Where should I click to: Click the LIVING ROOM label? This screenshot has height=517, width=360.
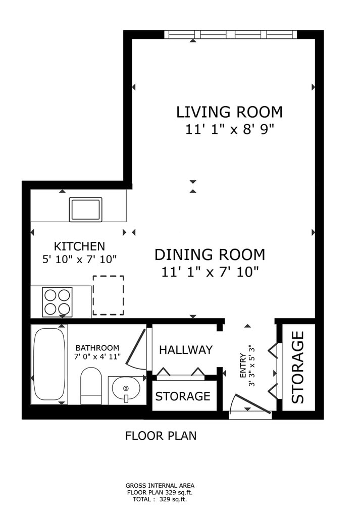229,112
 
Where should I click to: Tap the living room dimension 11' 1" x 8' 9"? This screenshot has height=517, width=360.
229,129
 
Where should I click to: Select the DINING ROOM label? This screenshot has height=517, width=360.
210,255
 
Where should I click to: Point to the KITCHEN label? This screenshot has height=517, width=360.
79,246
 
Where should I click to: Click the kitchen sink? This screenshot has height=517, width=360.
85,210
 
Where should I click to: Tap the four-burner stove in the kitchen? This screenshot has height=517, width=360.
58,302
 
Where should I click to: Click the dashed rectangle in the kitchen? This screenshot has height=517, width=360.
108,295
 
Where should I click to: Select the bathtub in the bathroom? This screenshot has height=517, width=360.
49,364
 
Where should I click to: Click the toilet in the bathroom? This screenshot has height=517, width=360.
91,386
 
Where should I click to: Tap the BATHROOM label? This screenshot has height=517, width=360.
97,348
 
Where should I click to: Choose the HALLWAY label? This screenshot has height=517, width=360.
186,350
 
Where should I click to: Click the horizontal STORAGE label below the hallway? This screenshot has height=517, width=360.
183,396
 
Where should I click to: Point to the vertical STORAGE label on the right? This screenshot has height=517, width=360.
298,368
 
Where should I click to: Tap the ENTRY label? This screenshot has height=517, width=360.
243,366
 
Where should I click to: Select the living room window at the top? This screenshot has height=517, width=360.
230,34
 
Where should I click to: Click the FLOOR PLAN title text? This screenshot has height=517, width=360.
161,436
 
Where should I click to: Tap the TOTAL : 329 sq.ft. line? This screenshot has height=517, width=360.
160,499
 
